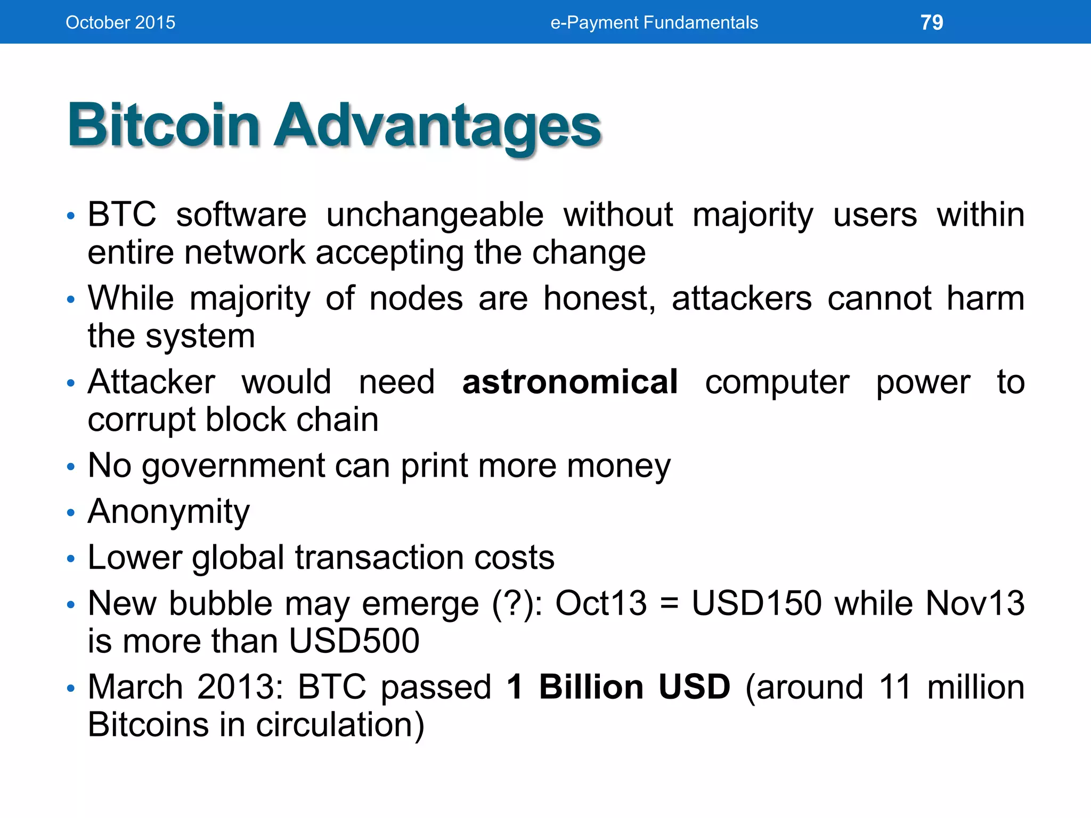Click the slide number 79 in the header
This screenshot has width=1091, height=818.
(x=932, y=22)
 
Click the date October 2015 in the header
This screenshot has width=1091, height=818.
(x=120, y=22)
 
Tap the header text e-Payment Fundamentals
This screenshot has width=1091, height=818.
(x=654, y=22)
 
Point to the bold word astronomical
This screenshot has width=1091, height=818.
(x=570, y=382)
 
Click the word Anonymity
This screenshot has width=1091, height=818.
(x=168, y=512)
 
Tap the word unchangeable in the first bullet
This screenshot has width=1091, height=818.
(x=435, y=215)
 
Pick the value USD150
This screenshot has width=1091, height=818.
(x=757, y=603)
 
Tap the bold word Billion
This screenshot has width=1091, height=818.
(x=591, y=687)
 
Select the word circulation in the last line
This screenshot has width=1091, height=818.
(x=335, y=725)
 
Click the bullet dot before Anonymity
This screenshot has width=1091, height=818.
(x=71, y=513)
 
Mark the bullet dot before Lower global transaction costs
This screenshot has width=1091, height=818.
(x=71, y=559)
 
